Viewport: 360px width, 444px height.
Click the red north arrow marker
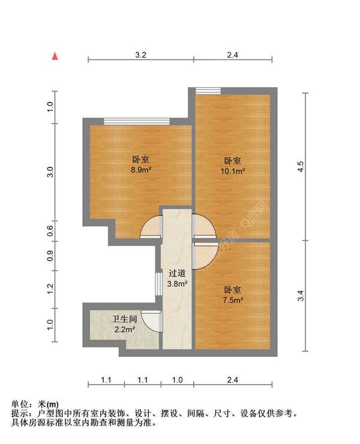[x=55, y=56]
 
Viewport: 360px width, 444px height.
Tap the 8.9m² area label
[x=141, y=170]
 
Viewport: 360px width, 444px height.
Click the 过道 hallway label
[x=177, y=272]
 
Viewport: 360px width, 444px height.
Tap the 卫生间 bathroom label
[x=123, y=319]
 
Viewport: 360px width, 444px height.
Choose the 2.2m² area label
[x=125, y=329]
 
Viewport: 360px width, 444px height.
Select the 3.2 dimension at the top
[x=140, y=55]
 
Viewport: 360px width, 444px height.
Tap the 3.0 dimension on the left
[x=51, y=172]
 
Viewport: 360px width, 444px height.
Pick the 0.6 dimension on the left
[x=51, y=227]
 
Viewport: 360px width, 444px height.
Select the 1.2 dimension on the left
[x=51, y=288]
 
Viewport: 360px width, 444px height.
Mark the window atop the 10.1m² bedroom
[x=208, y=91]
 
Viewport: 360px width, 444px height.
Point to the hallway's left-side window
[x=158, y=282]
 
